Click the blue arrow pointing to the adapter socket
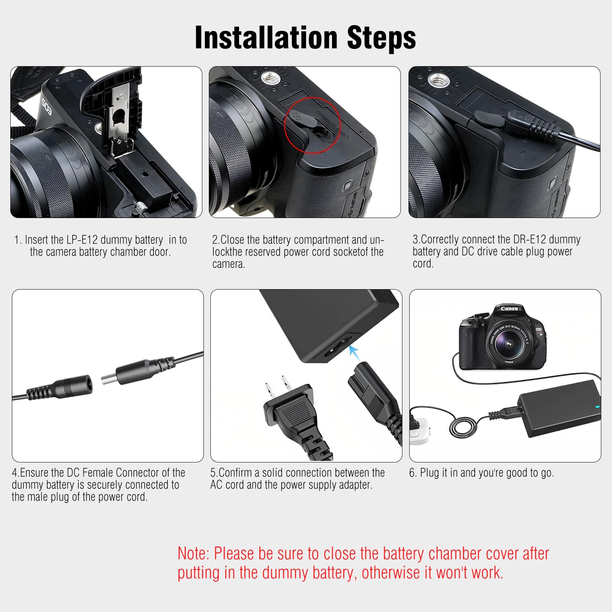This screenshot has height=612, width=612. (x=354, y=352)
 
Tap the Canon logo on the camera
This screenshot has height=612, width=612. (x=509, y=308)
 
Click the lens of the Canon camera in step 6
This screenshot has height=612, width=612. (x=508, y=343)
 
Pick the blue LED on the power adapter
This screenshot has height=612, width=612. (x=597, y=406)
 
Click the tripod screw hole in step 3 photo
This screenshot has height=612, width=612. (x=435, y=80)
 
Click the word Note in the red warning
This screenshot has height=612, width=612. (x=192, y=553)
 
